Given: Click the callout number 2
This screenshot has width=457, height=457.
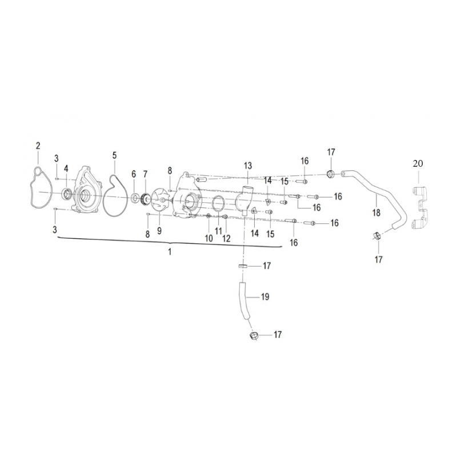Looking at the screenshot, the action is click(38, 146).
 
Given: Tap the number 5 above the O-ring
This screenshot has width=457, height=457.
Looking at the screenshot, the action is click(115, 155).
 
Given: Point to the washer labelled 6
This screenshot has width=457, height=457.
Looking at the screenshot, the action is click(135, 199).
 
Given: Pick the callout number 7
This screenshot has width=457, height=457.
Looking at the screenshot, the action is click(145, 174).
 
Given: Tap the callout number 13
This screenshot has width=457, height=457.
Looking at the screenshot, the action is click(248, 166).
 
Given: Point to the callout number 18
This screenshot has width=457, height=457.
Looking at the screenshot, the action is click(376, 213).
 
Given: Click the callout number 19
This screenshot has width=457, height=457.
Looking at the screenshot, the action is click(265, 297).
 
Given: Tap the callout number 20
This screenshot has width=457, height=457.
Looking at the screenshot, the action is click(418, 163).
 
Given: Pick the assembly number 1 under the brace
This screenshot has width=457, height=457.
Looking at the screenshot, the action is click(170, 251).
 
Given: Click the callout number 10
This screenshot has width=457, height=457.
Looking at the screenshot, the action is click(209, 238).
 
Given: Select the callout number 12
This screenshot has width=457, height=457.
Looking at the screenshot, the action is click(226, 238).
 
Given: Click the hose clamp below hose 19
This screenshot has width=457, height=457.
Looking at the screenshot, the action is click(254, 335).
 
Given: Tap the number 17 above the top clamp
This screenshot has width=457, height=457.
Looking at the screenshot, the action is click(331, 152).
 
